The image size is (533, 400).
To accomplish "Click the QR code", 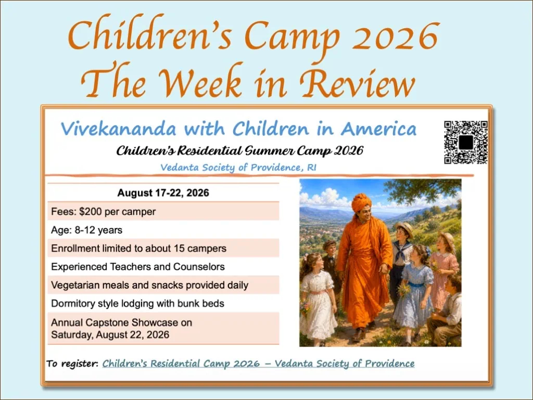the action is pyautogui.click(x=466, y=142).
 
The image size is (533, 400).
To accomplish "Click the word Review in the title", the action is pyautogui.click(x=357, y=82).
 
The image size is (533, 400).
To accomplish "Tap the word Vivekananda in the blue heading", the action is pyautogui.click(x=119, y=129).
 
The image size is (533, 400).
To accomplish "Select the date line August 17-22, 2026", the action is pyautogui.click(x=163, y=193).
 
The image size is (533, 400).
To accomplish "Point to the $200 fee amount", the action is pyautogui.click(x=91, y=211).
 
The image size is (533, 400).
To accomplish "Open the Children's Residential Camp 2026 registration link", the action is pyautogui.click(x=258, y=364).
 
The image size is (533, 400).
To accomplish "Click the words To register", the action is pyautogui.click(x=72, y=364).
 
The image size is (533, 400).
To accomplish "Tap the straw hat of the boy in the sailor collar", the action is pyautogui.click(x=404, y=229).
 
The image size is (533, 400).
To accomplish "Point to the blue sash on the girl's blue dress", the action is pyautogui.click(x=415, y=284).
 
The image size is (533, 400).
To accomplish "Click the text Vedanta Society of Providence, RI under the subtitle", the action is pyautogui.click(x=238, y=167).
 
